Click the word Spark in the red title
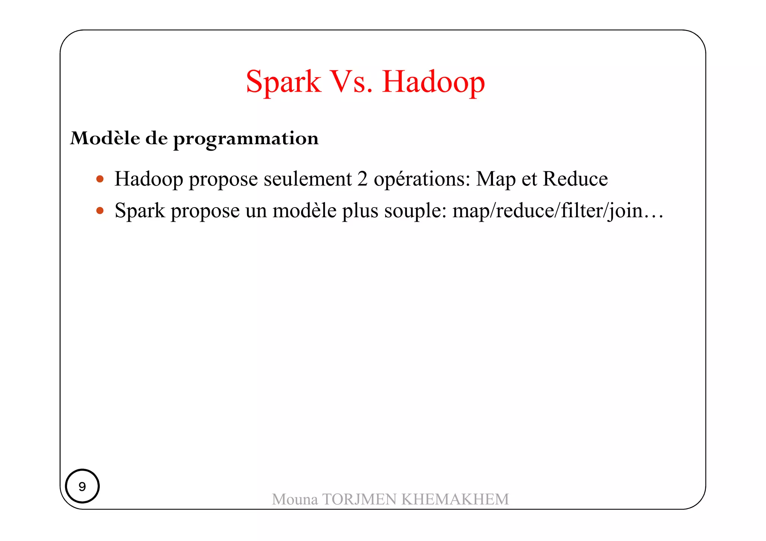coord(283,82)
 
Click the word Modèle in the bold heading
coord(105,138)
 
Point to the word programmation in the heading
coord(246,139)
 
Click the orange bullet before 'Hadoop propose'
coord(100,179)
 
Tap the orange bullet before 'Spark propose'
coord(100,211)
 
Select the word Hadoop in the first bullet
coord(148,179)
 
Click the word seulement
coord(307,179)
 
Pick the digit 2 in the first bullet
coord(362,179)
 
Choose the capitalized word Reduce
coord(575,179)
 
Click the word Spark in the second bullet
coord(140,210)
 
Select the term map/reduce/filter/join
coord(548,211)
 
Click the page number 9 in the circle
coord(82,486)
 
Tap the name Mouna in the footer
coord(295,499)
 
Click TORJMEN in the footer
coord(359,499)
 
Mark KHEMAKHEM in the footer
coord(455,499)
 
